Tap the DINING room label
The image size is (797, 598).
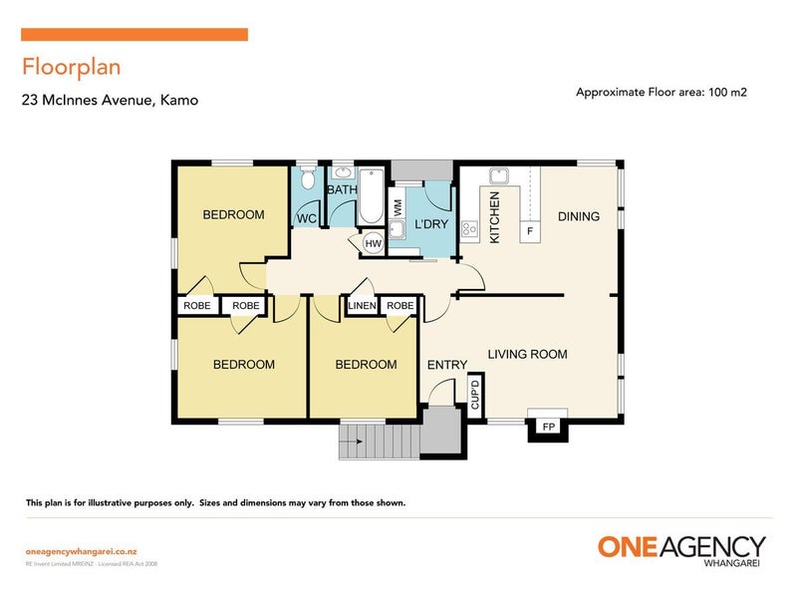[x=578, y=216]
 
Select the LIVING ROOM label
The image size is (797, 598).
[x=527, y=354]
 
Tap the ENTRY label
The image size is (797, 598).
[x=446, y=365]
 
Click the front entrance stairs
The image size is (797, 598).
[x=378, y=440]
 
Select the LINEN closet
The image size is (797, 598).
[x=362, y=306]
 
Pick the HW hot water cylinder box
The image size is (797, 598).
[x=373, y=242]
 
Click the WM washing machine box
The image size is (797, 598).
[x=398, y=208]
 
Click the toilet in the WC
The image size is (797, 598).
[x=307, y=180]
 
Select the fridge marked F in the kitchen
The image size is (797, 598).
[x=530, y=232]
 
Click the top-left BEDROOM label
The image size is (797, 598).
[x=233, y=214]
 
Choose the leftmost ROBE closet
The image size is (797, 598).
[x=196, y=306]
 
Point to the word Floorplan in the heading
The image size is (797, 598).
[x=71, y=68]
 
